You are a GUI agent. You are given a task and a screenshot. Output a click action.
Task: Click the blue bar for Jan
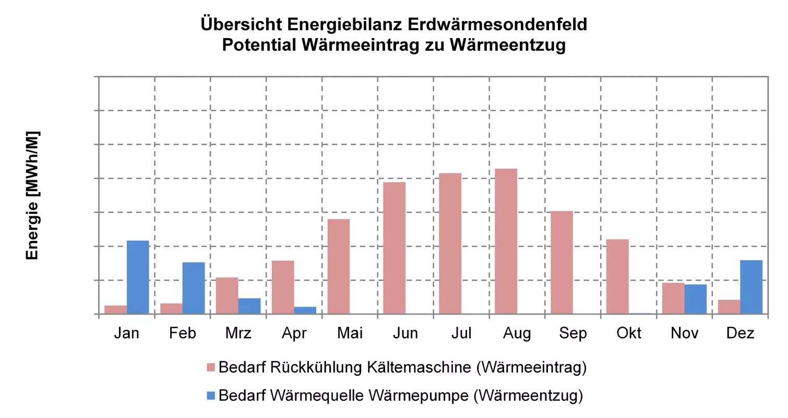[138, 277]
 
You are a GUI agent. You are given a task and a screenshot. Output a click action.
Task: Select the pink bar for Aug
[506, 241]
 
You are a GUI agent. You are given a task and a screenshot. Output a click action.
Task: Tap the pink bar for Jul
[450, 243]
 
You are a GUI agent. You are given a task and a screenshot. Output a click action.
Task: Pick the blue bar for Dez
[751, 287]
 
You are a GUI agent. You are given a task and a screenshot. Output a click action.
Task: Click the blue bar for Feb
[194, 288]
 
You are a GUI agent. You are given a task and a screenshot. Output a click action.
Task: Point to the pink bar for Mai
[339, 266]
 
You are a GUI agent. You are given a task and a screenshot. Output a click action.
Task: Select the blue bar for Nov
[696, 299]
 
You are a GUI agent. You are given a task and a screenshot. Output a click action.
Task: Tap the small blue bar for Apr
[305, 310]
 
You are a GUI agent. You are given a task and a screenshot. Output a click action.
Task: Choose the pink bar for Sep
[562, 262]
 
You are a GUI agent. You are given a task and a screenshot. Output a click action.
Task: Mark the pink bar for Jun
[395, 248]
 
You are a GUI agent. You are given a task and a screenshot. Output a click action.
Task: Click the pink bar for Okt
[617, 277]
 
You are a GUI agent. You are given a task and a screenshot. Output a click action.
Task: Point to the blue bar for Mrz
[249, 306]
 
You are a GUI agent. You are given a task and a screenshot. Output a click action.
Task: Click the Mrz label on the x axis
[238, 333]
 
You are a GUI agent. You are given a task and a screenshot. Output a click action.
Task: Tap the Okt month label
[629, 333]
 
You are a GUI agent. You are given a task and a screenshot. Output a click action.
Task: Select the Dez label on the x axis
[740, 333]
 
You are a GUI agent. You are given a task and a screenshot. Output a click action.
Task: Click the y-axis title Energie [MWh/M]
[32, 195]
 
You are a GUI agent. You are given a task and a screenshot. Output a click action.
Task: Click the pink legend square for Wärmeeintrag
[211, 367]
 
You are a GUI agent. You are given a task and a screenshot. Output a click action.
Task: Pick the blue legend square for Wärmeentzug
[211, 396]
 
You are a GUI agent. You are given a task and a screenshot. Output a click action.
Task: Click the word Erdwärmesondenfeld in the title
[497, 25]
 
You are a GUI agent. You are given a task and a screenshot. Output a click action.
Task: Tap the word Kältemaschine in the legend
[419, 367]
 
